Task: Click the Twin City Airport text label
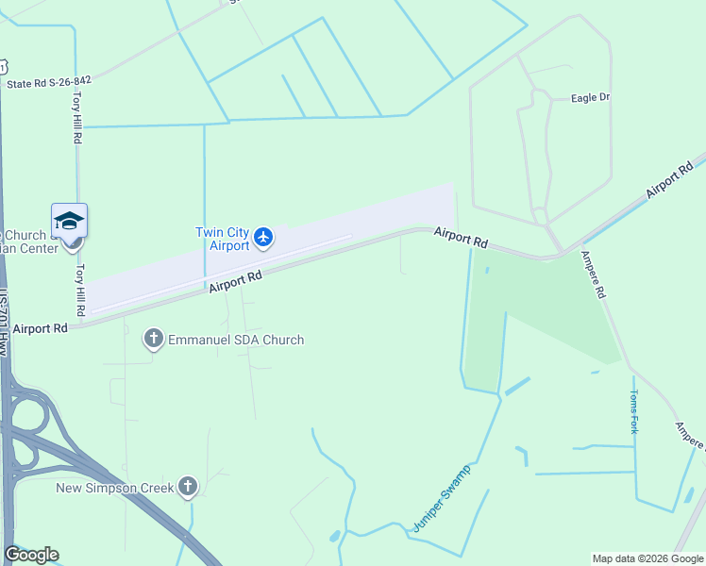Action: pyautogui.click(x=223, y=239)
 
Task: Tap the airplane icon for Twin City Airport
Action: pyautogui.click(x=263, y=237)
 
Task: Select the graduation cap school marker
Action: pyautogui.click(x=69, y=221)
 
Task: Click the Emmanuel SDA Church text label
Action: pyautogui.click(x=236, y=340)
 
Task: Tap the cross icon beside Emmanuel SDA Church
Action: pyautogui.click(x=154, y=339)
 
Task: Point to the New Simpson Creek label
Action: pyautogui.click(x=115, y=488)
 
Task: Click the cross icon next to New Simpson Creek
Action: pyautogui.click(x=189, y=487)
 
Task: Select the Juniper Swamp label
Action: pyautogui.click(x=441, y=498)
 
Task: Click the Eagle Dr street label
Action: pyautogui.click(x=591, y=97)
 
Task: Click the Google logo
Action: pyautogui.click(x=31, y=555)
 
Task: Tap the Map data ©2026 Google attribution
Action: pyautogui.click(x=647, y=558)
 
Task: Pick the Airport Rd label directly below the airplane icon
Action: pyautogui.click(x=235, y=282)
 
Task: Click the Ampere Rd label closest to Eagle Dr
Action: pyautogui.click(x=594, y=275)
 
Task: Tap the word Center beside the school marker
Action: pyautogui.click(x=35, y=248)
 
